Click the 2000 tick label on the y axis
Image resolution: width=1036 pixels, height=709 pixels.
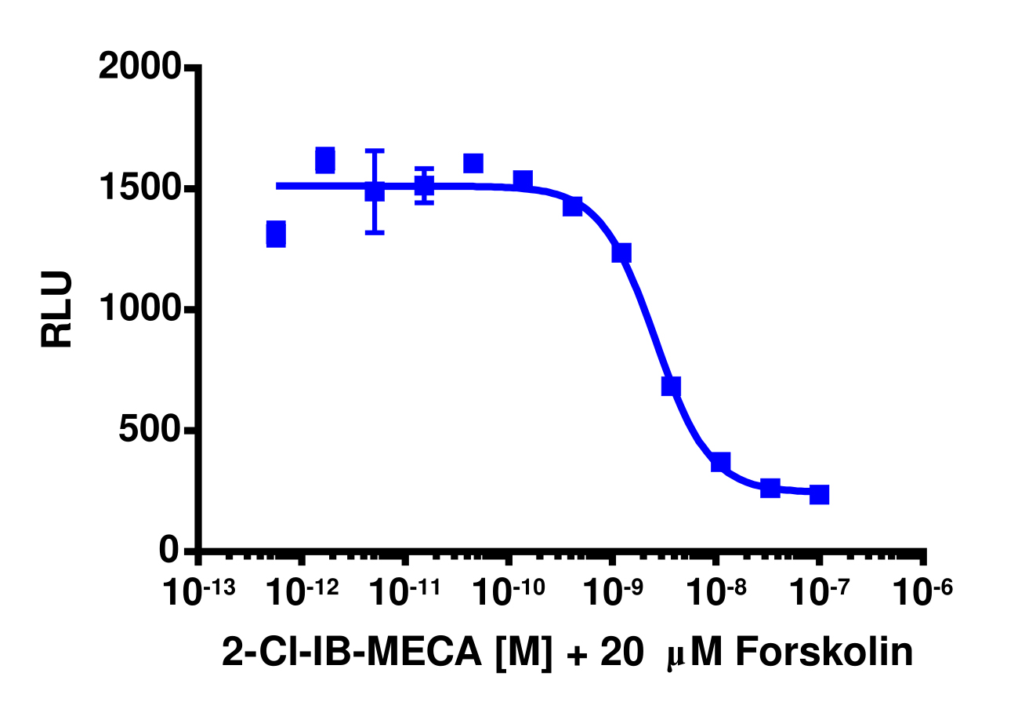[139, 67]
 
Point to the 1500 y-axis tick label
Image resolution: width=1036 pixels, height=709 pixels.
[139, 189]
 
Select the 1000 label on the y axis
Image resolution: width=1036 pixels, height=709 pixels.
[139, 310]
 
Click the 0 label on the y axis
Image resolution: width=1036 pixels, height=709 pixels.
[170, 551]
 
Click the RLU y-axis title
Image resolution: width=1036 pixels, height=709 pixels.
[57, 310]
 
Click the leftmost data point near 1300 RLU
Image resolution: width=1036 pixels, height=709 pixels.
[276, 234]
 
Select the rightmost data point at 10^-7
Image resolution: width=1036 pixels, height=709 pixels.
[819, 494]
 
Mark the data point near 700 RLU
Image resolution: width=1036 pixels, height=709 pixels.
[671, 386]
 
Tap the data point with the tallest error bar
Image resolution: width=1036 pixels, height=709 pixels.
[375, 191]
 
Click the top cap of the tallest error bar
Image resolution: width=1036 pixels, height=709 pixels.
[375, 151]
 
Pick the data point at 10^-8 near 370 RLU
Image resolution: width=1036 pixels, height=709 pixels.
[721, 462]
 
